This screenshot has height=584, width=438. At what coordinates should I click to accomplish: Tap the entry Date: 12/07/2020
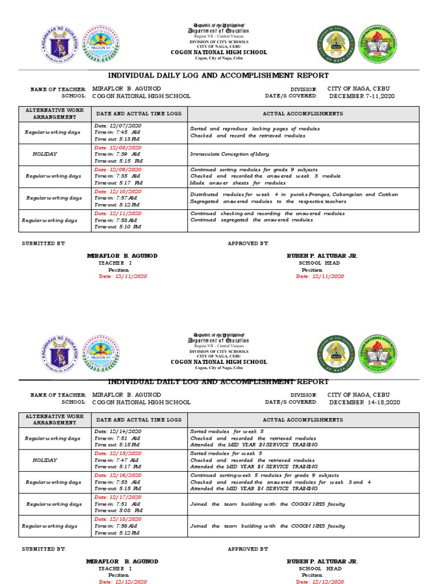pyautogui.click(x=118, y=125)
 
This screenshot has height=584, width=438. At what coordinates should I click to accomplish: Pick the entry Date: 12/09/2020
pyautogui.click(x=118, y=169)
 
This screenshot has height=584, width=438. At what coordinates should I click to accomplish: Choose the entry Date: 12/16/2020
pyautogui.click(x=118, y=475)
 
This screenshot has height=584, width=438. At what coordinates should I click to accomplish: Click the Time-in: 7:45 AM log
pyautogui.click(x=117, y=132)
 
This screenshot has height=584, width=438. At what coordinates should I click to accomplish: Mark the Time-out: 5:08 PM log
pyautogui.click(x=118, y=510)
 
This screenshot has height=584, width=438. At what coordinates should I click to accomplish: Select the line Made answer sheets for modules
pyautogui.click(x=238, y=183)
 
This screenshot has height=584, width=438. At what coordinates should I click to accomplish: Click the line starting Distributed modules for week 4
pyautogui.click(x=294, y=194)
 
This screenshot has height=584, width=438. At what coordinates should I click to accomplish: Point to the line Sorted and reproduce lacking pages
pyautogui.click(x=255, y=129)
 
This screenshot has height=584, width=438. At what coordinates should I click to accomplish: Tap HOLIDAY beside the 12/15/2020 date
pyautogui.click(x=44, y=460)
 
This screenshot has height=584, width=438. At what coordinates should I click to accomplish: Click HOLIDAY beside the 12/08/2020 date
pyautogui.click(x=44, y=154)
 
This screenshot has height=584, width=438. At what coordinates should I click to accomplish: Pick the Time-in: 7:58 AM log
pyautogui.click(x=116, y=220)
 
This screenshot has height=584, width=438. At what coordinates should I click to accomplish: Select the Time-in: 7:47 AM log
pyautogui.click(x=116, y=459)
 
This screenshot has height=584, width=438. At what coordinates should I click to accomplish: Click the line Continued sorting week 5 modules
pyautogui.click(x=264, y=475)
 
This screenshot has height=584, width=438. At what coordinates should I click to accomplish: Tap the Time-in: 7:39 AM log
pyautogui.click(x=117, y=154)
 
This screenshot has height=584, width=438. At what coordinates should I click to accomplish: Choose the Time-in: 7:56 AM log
pyautogui.click(x=116, y=526)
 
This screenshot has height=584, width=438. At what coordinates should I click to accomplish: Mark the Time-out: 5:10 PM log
pyautogui.click(x=118, y=226)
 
